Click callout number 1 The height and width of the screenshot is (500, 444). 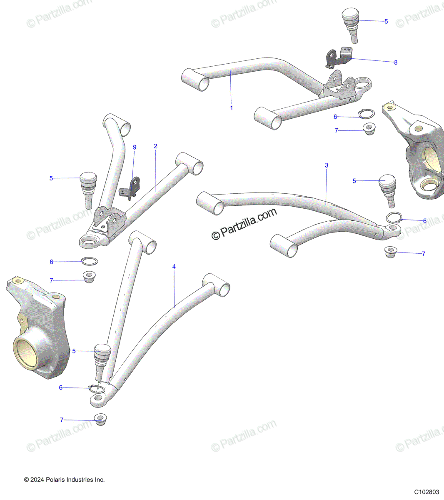pyautogui.click(x=232, y=108)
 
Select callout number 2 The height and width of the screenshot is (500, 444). pyautogui.click(x=155, y=146)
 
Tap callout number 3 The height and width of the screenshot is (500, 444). pyautogui.click(x=327, y=165)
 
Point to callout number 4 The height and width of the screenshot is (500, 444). pyautogui.click(x=174, y=267)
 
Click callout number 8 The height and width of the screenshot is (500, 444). pyautogui.click(x=396, y=62)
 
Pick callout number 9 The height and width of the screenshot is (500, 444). pyautogui.click(x=135, y=147)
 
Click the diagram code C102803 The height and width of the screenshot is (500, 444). pyautogui.click(x=427, y=492)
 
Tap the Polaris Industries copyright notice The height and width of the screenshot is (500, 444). pyautogui.click(x=65, y=480)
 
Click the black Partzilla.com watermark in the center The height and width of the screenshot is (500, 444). pyautogui.click(x=244, y=224)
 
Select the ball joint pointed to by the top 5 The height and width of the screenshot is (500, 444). pyautogui.click(x=352, y=25)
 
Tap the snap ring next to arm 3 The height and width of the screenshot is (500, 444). pyautogui.click(x=394, y=218)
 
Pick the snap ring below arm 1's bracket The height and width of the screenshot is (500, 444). pyautogui.click(x=366, y=114)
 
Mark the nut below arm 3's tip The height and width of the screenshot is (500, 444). pyautogui.click(x=390, y=252)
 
